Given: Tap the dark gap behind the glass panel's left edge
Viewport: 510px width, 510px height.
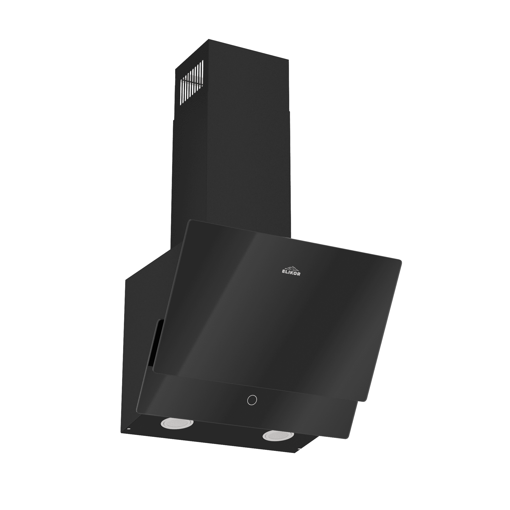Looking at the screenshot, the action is (156, 343).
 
